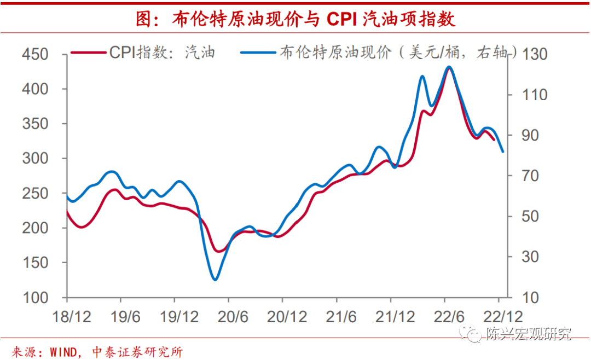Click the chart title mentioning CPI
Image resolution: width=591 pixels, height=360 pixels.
[295, 19]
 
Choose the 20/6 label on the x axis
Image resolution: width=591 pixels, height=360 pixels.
[228, 317]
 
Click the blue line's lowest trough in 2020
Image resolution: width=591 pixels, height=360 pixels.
[215, 280]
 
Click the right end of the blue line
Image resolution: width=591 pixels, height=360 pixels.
[503, 152]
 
